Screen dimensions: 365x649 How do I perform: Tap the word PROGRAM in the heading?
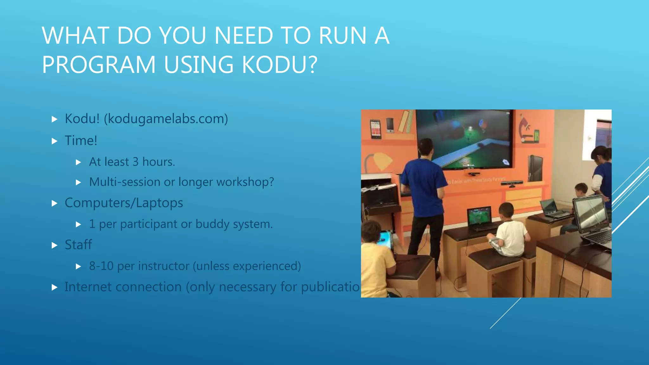tap(99, 65)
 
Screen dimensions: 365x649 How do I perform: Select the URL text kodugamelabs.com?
tap(166, 119)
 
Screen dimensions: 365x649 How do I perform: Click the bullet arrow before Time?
tap(55, 141)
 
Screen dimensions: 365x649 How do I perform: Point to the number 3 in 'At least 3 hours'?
tap(135, 162)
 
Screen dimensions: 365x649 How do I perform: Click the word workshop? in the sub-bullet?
tap(245, 182)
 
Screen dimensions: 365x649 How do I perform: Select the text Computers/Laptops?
tap(124, 203)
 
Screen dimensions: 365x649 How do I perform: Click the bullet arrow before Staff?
tap(55, 245)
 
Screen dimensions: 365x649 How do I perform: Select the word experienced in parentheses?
tap(265, 266)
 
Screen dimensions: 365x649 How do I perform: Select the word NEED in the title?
tap(243, 35)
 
